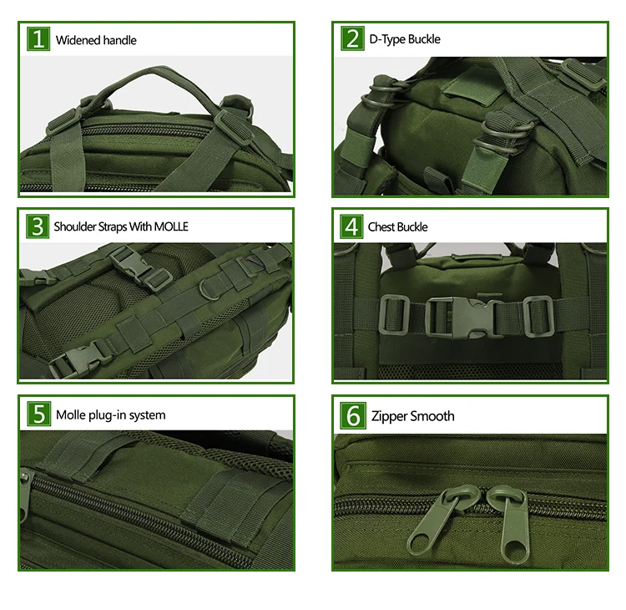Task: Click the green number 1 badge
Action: (38, 38)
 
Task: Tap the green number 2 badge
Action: (352, 38)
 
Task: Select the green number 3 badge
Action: (38, 226)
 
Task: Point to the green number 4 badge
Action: (351, 226)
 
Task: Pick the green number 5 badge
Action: (39, 414)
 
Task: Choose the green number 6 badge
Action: (353, 416)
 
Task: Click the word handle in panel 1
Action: (119, 40)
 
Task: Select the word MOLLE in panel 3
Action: (171, 226)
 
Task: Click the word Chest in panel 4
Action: (381, 226)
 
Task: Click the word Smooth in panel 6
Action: (432, 416)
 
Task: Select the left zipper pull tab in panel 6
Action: (440, 521)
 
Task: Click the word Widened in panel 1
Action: (78, 40)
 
